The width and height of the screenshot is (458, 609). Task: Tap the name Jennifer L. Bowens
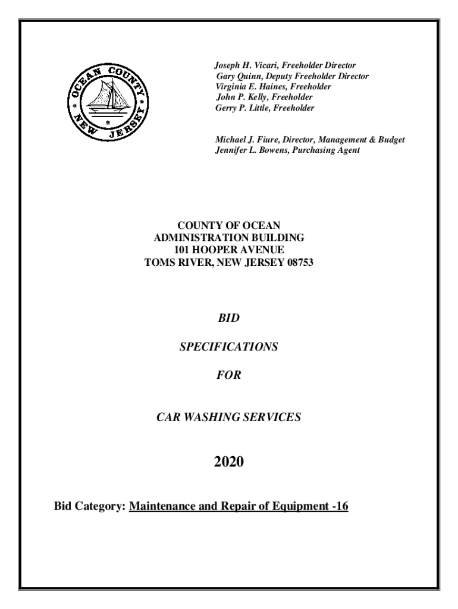click(x=250, y=150)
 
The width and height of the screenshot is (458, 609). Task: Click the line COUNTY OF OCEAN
click(x=229, y=225)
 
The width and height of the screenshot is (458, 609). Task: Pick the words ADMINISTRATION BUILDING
click(x=229, y=237)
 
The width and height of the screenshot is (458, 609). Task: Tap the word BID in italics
click(x=229, y=320)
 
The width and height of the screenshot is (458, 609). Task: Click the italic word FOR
click(x=229, y=375)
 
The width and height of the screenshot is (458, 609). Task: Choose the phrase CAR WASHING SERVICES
click(x=229, y=417)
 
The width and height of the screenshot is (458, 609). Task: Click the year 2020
click(x=229, y=460)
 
